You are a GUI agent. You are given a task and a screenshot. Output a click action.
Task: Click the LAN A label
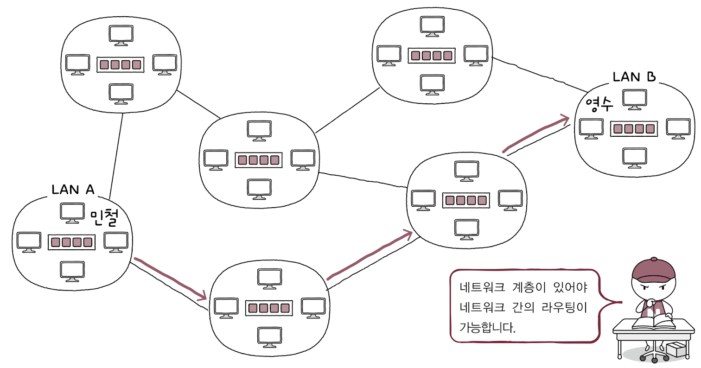[x=73, y=189]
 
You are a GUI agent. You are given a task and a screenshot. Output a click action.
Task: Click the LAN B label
[x=634, y=76]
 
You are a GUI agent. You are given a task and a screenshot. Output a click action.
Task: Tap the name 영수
[x=599, y=103]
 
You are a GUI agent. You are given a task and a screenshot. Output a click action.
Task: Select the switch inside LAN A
[x=71, y=241]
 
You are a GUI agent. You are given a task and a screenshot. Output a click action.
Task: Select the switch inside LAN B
[x=634, y=128]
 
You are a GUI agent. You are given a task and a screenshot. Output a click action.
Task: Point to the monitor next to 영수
[x=634, y=99]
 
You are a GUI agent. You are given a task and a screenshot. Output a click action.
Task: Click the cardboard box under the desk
[x=678, y=349]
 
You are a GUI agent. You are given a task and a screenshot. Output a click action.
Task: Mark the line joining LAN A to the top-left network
[x=116, y=153]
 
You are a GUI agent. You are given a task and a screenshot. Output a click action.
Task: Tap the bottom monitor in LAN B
[x=634, y=158]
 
